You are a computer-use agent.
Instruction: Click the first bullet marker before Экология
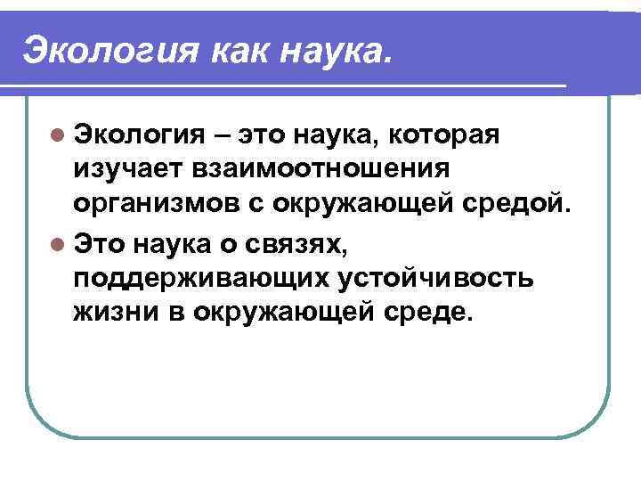pyautogui.click(x=58, y=135)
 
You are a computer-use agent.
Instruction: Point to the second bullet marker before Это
pyautogui.click(x=58, y=243)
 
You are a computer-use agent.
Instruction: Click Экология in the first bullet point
pyautogui.click(x=141, y=135)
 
